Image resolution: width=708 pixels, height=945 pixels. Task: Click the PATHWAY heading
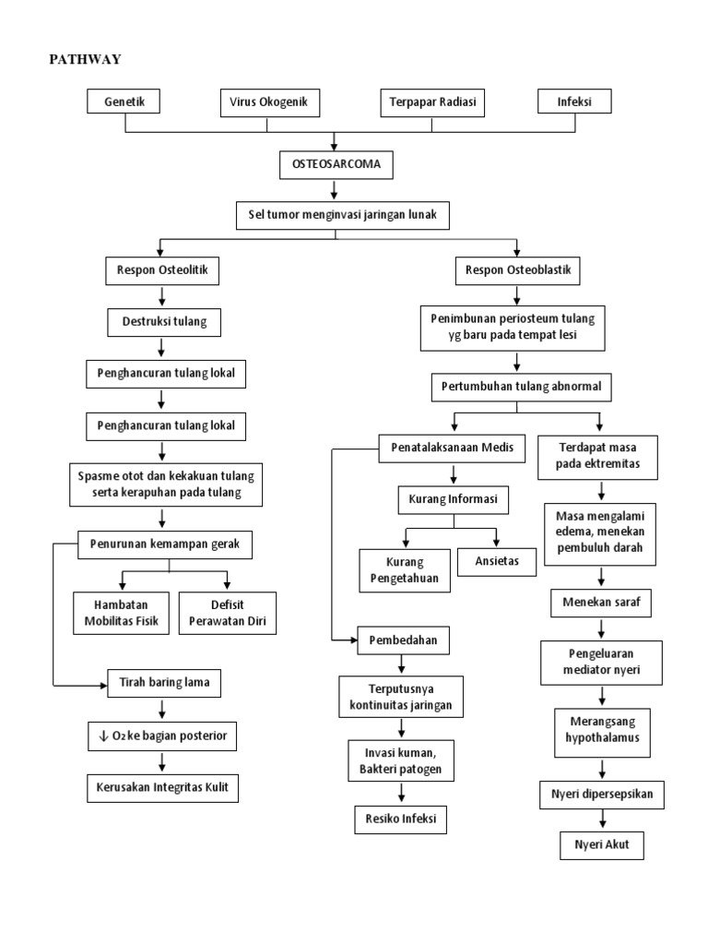pos(85,60)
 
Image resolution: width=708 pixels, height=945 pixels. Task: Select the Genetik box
pos(124,102)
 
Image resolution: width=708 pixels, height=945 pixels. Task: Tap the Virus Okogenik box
pos(269,102)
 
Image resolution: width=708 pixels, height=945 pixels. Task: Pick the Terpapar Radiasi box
pos(432,102)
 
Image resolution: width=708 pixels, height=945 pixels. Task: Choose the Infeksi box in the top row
pos(574,102)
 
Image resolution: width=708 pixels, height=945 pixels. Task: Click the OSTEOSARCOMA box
pos(336,166)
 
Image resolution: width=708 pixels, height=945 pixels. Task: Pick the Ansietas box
pos(497,562)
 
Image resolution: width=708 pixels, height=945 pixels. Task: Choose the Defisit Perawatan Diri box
pos(227,612)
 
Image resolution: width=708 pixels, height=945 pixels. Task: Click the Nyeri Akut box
pos(601,844)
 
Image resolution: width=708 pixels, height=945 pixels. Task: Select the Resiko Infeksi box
pos(400,819)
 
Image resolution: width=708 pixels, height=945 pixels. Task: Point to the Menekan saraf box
pos(600,604)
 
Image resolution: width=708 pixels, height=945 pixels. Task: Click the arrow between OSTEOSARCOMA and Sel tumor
pos(336,191)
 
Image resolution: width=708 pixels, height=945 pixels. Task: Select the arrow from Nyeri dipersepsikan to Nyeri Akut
pos(601,818)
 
